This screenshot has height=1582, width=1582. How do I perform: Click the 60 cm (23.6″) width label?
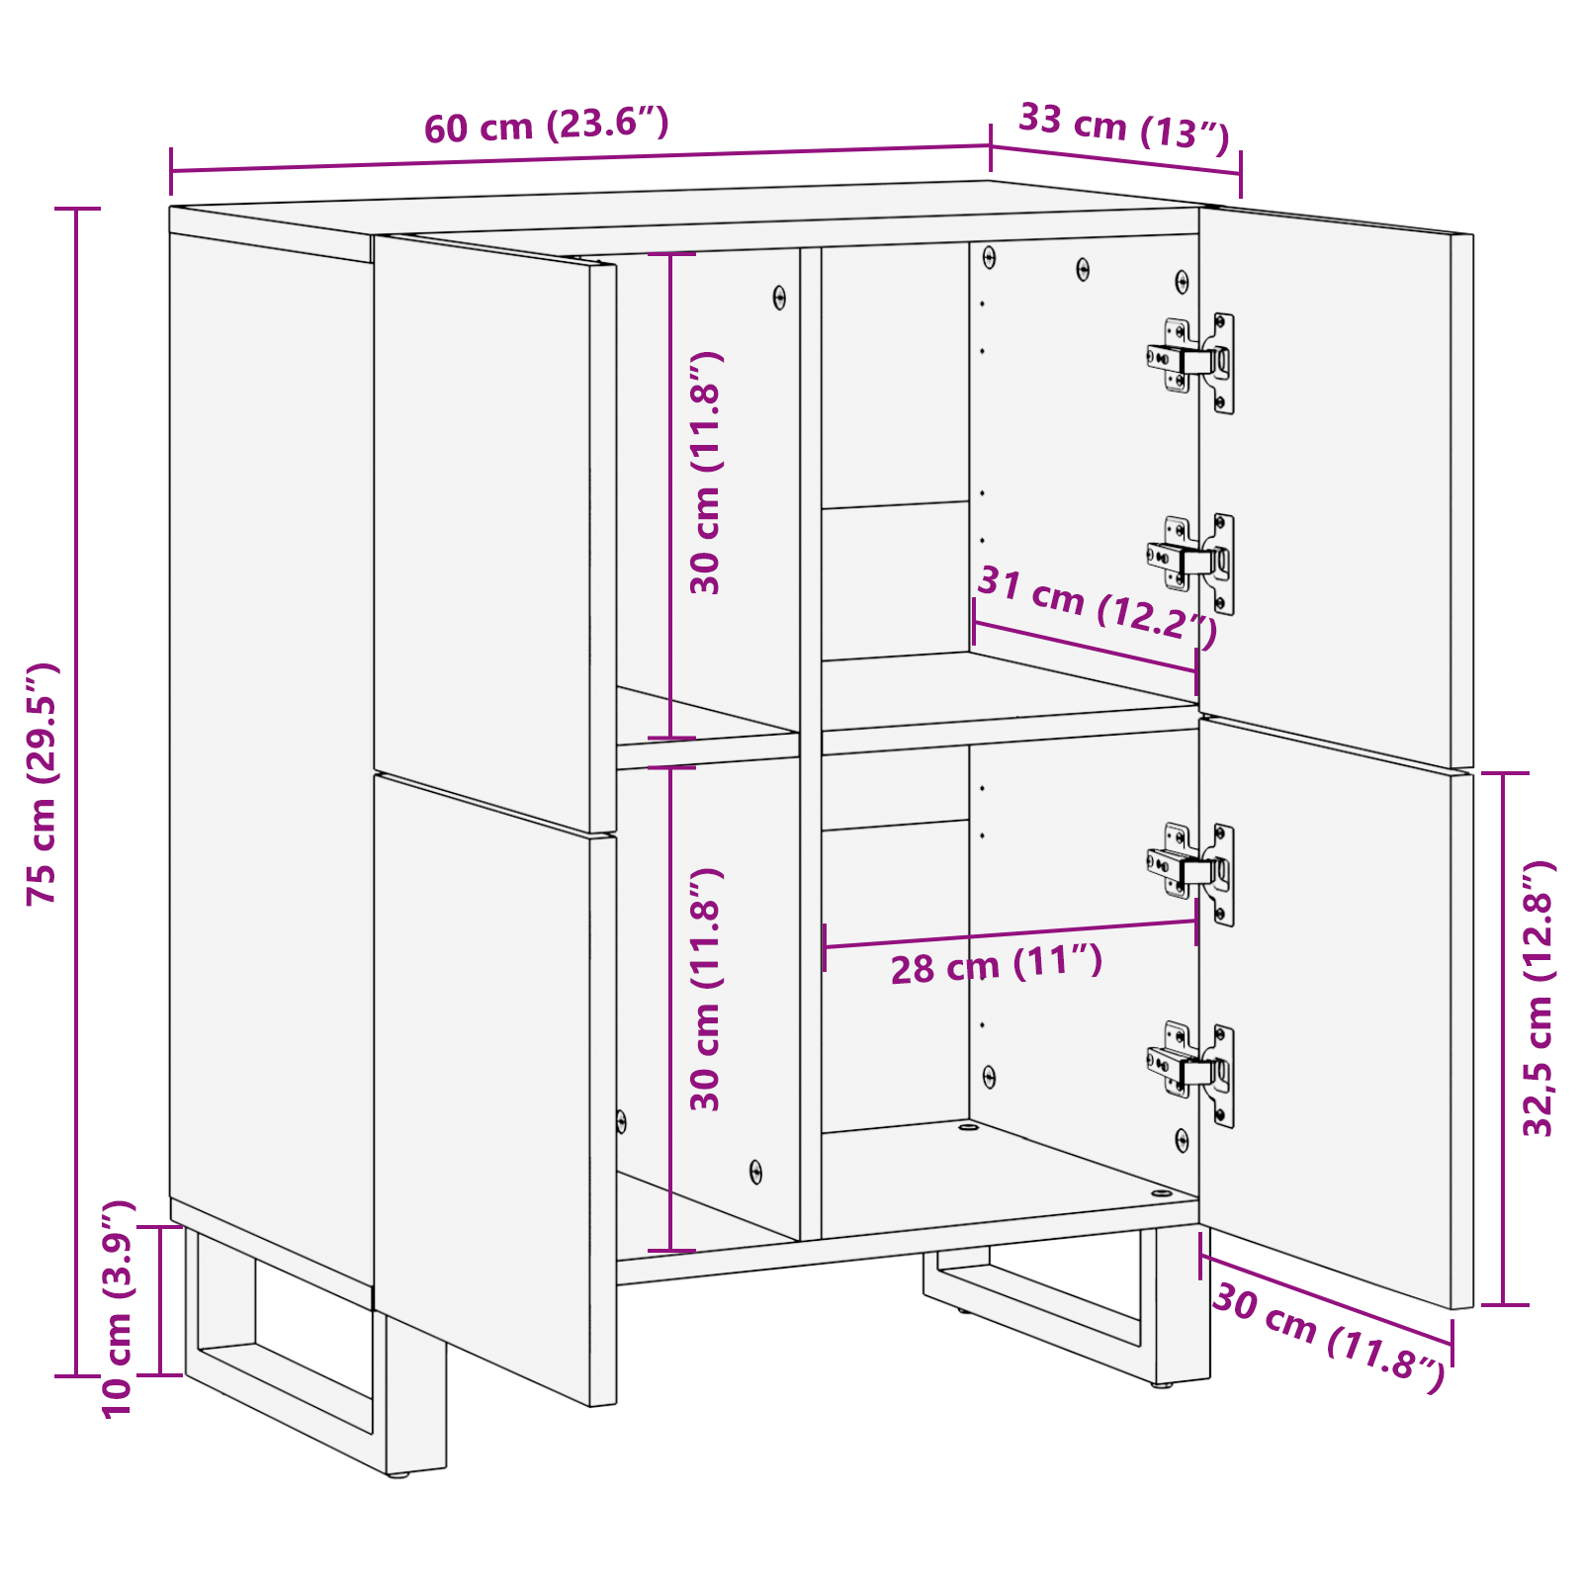click(547, 126)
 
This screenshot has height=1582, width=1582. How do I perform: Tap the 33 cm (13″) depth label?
click(1123, 127)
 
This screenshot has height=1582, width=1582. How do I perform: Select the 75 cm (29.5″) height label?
click(43, 784)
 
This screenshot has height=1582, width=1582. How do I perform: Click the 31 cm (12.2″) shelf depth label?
click(1097, 606)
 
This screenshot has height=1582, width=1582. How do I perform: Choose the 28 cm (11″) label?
click(996, 964)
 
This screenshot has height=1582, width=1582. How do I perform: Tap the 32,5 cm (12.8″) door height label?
click(1538, 999)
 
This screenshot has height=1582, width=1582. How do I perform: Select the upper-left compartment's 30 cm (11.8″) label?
click(705, 473)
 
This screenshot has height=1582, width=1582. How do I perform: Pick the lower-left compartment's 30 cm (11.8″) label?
click(705, 990)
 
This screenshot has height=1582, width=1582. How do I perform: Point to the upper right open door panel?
click(1335, 484)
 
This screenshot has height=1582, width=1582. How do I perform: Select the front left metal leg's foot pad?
click(398, 1474)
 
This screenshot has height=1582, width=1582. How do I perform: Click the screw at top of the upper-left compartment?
click(779, 297)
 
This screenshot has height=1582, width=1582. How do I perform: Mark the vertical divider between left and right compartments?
click(811, 742)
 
